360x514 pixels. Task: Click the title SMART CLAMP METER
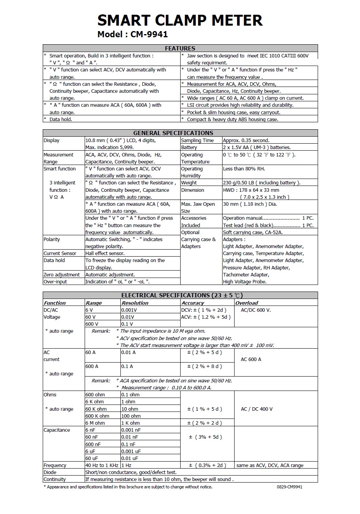click(x=180, y=20)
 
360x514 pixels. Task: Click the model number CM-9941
click(x=149, y=35)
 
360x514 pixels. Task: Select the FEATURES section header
click(x=180, y=49)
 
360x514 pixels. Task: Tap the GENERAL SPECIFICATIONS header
click(x=173, y=133)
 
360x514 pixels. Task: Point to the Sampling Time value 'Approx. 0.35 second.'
click(x=246, y=141)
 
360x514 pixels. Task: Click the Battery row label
click(x=189, y=148)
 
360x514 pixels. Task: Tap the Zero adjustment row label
click(x=62, y=275)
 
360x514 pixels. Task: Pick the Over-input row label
click(x=55, y=282)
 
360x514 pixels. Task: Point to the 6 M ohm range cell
click(x=95, y=423)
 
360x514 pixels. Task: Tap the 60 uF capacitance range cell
click(x=92, y=458)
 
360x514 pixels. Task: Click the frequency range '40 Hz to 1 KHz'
click(x=102, y=465)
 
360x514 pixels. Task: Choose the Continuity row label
click(x=55, y=479)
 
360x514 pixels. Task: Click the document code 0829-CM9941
click(x=289, y=487)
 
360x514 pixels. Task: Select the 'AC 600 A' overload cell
click(x=251, y=359)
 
